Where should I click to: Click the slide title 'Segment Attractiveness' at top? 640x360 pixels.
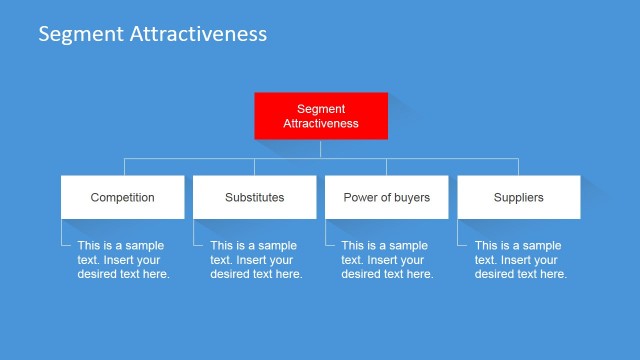click(x=152, y=34)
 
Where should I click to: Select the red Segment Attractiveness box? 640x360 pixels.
click(x=321, y=116)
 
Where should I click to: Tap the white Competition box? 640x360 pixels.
click(x=122, y=197)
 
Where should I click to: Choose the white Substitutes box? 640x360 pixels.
click(x=254, y=197)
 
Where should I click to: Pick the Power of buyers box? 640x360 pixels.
click(x=386, y=197)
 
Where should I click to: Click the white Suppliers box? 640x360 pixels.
click(x=518, y=197)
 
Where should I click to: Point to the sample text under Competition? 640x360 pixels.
click(x=123, y=260)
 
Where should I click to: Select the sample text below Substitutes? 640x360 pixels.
click(x=256, y=260)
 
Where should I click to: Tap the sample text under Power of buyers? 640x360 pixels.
click(x=387, y=260)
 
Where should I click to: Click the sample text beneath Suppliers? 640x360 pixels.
click(x=520, y=260)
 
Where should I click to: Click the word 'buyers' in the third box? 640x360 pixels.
click(x=412, y=198)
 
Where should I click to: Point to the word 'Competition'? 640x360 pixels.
click(x=122, y=198)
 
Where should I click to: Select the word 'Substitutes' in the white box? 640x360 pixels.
click(x=254, y=198)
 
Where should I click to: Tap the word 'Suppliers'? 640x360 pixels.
click(x=518, y=198)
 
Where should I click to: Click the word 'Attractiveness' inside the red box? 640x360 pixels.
click(x=321, y=124)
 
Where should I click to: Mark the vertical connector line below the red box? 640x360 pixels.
click(x=321, y=148)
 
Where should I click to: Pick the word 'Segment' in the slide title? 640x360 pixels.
click(x=81, y=34)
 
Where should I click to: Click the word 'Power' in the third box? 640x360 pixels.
click(x=359, y=198)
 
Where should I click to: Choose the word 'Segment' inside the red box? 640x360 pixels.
click(x=321, y=108)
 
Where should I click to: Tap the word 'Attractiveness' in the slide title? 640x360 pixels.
click(x=198, y=34)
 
